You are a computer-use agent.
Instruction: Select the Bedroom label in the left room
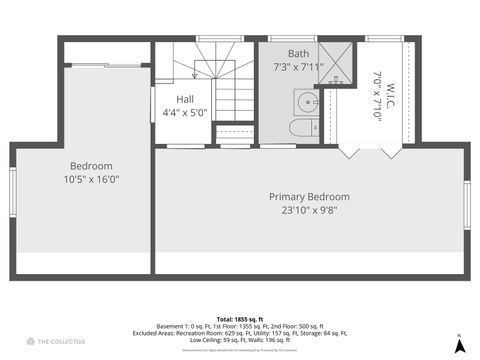[91, 166]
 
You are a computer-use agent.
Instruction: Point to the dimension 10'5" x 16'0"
[91, 180]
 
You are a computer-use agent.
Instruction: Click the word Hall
[185, 100]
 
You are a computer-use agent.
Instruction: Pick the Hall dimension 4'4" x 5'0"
[185, 113]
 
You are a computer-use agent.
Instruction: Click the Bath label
[298, 54]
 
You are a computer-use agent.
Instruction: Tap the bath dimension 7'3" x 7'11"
[298, 67]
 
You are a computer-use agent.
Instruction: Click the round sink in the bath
[305, 101]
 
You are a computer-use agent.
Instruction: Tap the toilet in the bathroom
[301, 128]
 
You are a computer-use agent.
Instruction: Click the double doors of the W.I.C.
[370, 151]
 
